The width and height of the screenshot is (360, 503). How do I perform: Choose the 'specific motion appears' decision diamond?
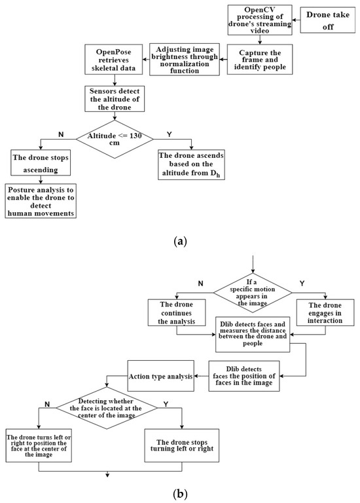[252, 291]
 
